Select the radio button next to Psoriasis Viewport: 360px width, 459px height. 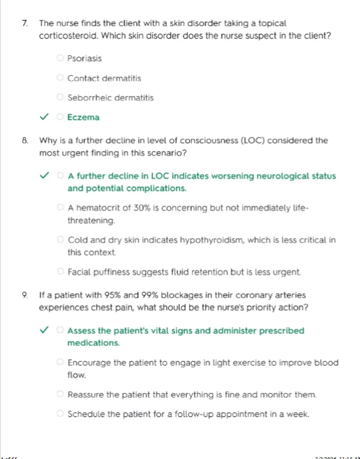click(60, 58)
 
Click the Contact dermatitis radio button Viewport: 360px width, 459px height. click(60, 78)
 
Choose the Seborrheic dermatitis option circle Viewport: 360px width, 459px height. click(60, 98)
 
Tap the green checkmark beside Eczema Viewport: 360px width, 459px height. click(44, 118)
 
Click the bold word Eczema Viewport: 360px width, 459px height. click(83, 118)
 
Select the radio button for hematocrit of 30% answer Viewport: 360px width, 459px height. click(60, 208)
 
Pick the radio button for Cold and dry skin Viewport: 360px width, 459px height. click(60, 240)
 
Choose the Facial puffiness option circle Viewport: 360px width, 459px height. click(60, 272)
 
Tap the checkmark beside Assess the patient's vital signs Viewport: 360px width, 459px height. click(44, 331)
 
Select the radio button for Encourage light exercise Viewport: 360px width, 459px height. click(60, 362)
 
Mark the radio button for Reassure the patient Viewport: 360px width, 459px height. click(60, 394)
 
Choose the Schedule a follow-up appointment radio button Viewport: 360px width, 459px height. click(60, 414)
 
